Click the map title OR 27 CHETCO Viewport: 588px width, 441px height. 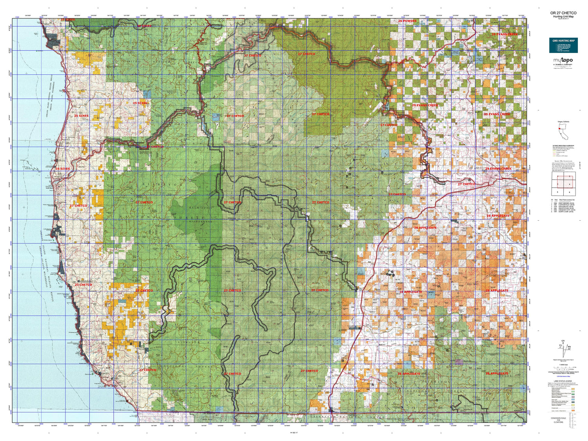coord(563,13)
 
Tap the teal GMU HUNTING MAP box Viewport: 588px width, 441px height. coord(563,45)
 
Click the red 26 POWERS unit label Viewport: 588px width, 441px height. coord(407,21)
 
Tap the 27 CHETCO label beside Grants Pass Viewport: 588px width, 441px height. coord(466,184)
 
